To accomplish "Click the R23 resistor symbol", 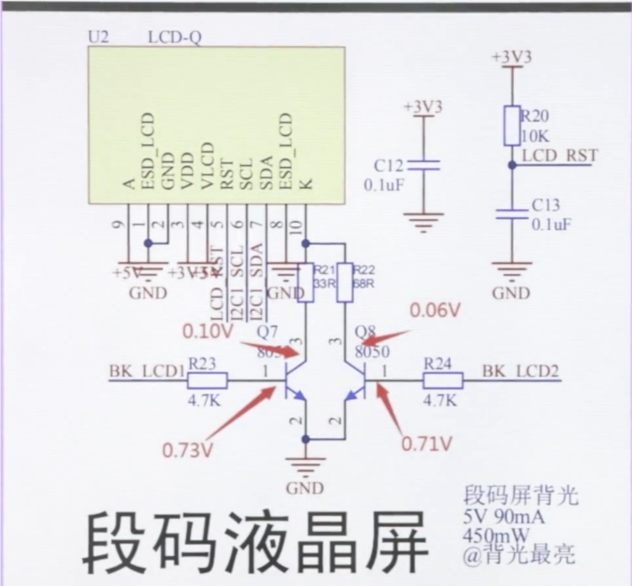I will click(203, 380).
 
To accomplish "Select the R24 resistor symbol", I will click(442, 380).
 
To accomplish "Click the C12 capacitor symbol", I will click(429, 166).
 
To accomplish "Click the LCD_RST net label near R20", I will click(559, 156).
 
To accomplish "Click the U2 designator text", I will click(99, 37).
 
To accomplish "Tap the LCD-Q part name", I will click(174, 37).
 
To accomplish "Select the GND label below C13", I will click(511, 293).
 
